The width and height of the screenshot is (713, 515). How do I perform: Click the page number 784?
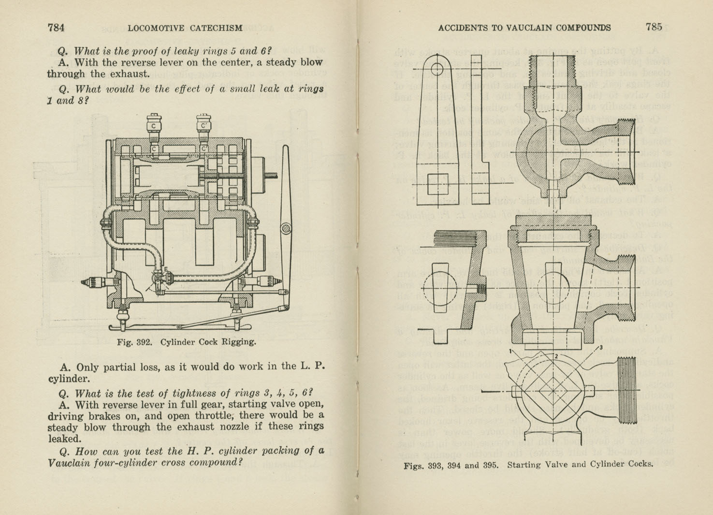tap(56, 28)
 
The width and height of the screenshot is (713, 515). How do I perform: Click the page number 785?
tap(654, 27)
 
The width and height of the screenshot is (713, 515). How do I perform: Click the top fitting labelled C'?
tap(204, 125)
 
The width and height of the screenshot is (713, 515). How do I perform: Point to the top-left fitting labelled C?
tap(153, 125)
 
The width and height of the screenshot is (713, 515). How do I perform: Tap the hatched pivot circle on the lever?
tap(286, 227)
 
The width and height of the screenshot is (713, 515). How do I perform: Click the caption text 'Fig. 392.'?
tap(134, 342)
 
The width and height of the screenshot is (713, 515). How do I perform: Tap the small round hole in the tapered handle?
tap(437, 69)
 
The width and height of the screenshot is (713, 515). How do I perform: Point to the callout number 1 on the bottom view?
tap(510, 351)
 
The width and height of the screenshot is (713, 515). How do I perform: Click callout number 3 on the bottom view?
tap(600, 347)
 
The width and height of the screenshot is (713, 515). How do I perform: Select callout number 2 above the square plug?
tap(556, 356)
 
